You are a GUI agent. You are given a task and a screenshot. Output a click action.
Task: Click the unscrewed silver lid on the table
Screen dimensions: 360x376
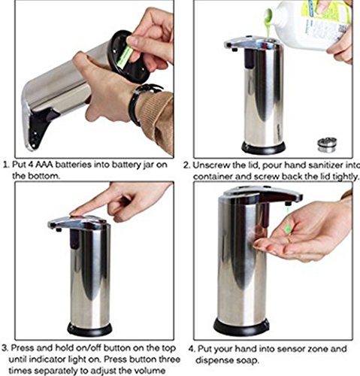point(327,144)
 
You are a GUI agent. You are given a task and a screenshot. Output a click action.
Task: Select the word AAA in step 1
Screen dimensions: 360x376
point(44,165)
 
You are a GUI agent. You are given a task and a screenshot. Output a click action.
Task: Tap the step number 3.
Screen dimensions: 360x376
point(5,348)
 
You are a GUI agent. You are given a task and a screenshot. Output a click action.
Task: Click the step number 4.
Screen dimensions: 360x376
point(191,349)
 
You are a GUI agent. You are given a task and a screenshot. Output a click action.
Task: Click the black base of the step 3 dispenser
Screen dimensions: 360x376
point(89,329)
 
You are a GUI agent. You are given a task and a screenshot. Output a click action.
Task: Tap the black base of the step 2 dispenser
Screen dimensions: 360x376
point(263,147)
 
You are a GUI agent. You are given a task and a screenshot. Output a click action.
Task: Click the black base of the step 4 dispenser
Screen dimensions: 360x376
point(241,326)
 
